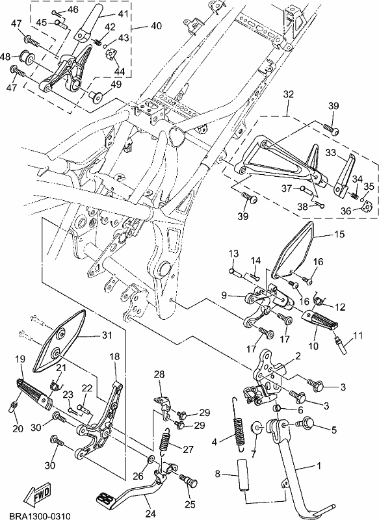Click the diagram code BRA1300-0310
pos(40,516)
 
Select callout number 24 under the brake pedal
pos(150,513)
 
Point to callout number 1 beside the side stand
pos(319,465)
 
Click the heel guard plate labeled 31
pos(59,341)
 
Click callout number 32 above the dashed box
pos(289,94)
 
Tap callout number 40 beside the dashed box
pos(156,26)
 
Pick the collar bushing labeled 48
pos(27,57)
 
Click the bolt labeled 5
pos(307,424)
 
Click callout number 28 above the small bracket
pos(159,375)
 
